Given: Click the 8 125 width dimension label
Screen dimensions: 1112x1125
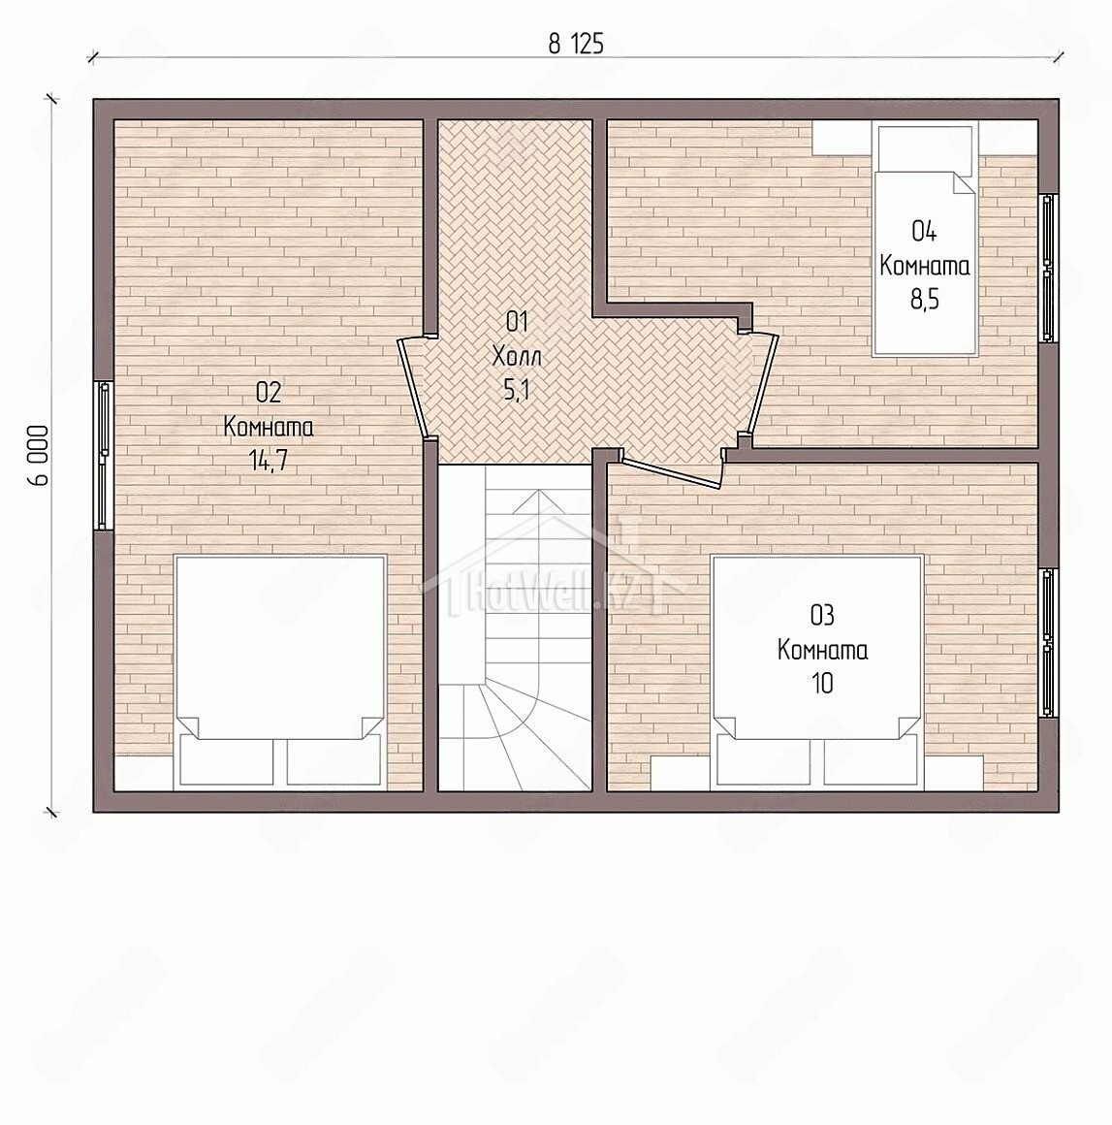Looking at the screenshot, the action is pos(576,45).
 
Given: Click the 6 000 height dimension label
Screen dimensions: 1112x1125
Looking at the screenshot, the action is pos(39,456).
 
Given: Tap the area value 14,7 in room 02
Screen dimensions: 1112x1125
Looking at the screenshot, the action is pos(269,461).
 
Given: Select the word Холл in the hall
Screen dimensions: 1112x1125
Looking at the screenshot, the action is pos(517,356).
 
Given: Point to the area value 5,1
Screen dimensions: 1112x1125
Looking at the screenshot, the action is pos(517,390).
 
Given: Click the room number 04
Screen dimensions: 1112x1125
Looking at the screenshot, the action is pos(924,231).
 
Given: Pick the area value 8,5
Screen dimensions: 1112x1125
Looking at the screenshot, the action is pos(925,299).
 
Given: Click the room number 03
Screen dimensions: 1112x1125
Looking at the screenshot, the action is pos(822,615).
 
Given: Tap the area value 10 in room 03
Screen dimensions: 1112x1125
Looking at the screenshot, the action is pos(822,683).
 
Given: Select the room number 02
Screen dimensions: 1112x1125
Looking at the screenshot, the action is pos(269,392).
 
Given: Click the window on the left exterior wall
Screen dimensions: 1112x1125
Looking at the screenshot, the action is pos(104,456).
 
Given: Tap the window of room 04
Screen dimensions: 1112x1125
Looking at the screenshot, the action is pos(1049,268).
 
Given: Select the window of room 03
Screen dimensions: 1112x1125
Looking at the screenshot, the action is pos(1049,643).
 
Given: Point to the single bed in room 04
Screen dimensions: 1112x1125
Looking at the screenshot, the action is pos(924,239).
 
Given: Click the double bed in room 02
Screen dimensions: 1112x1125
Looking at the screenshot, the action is pos(280,672).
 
